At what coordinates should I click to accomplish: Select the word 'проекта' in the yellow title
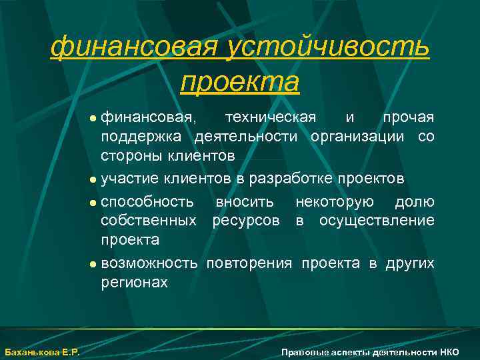[x=240, y=81]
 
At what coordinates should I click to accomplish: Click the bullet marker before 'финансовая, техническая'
[x=93, y=119]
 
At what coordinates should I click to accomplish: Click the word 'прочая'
[x=408, y=118]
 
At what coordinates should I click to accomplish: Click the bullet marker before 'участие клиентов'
[x=93, y=179]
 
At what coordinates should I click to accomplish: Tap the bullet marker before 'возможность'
[x=93, y=264]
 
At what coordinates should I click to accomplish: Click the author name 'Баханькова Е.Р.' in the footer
[x=41, y=352]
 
